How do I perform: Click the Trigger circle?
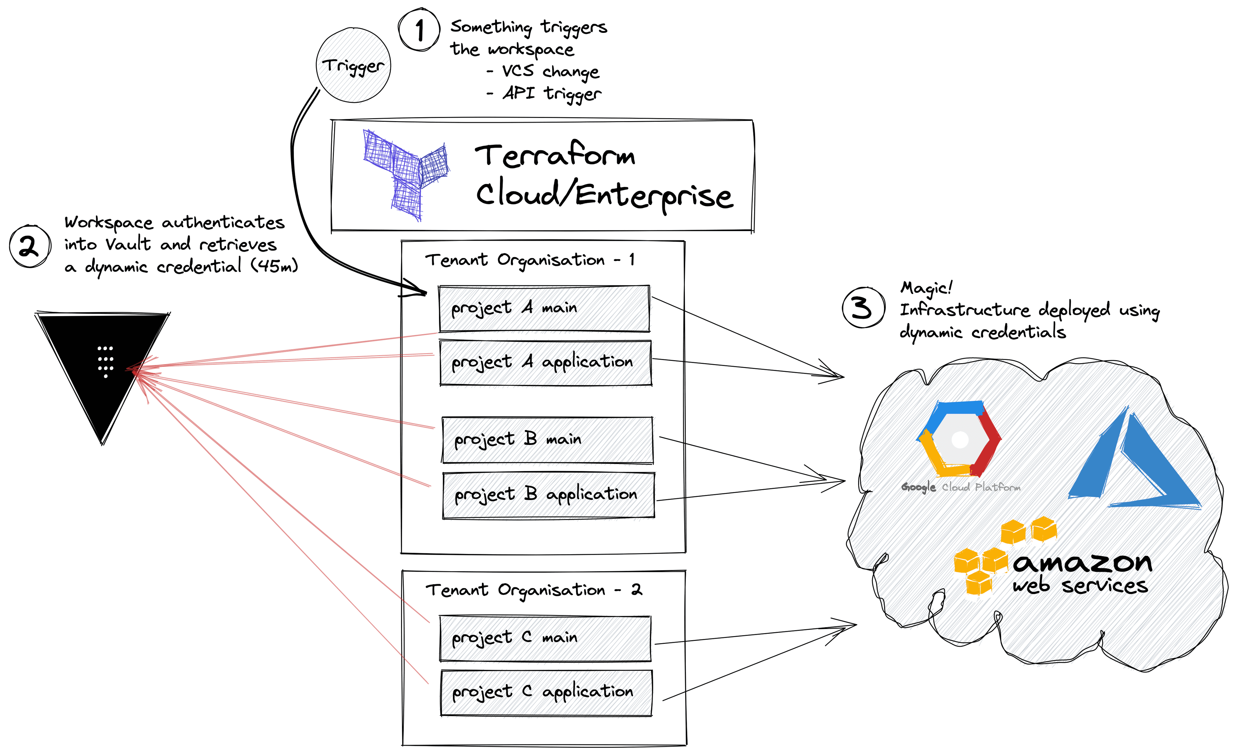click(x=353, y=66)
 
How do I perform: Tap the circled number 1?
click(x=419, y=30)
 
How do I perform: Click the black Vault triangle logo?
click(x=103, y=366)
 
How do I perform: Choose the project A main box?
click(x=544, y=308)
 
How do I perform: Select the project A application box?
click(x=545, y=362)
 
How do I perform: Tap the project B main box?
click(x=547, y=440)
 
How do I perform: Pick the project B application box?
click(x=548, y=495)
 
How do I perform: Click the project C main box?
click(x=545, y=638)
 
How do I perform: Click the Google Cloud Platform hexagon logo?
click(x=959, y=439)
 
